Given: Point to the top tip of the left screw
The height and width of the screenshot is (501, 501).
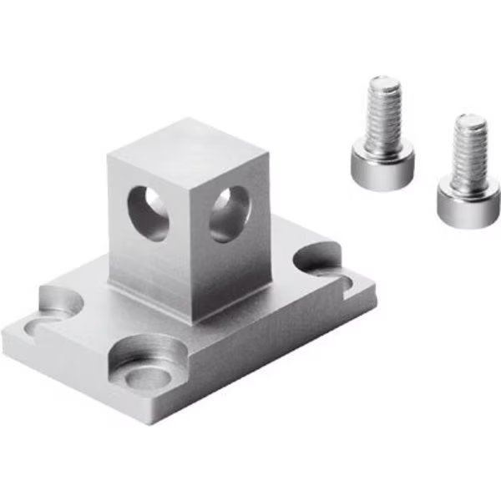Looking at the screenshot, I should point(383,82).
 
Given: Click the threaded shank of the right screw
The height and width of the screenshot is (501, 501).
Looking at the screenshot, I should point(468,147).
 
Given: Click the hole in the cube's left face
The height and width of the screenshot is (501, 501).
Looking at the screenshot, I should point(149,212).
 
